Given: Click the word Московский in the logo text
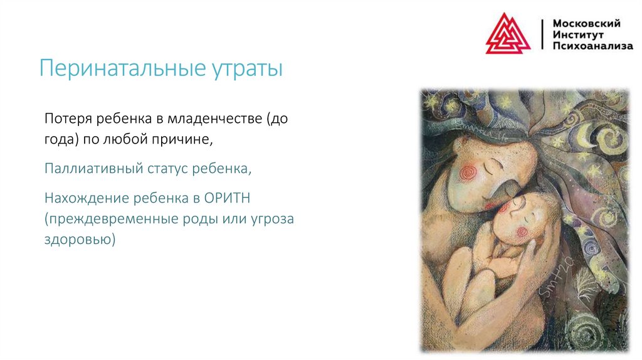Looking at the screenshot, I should pos(586,23).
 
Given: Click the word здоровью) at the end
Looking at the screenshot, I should pos(80,240).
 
